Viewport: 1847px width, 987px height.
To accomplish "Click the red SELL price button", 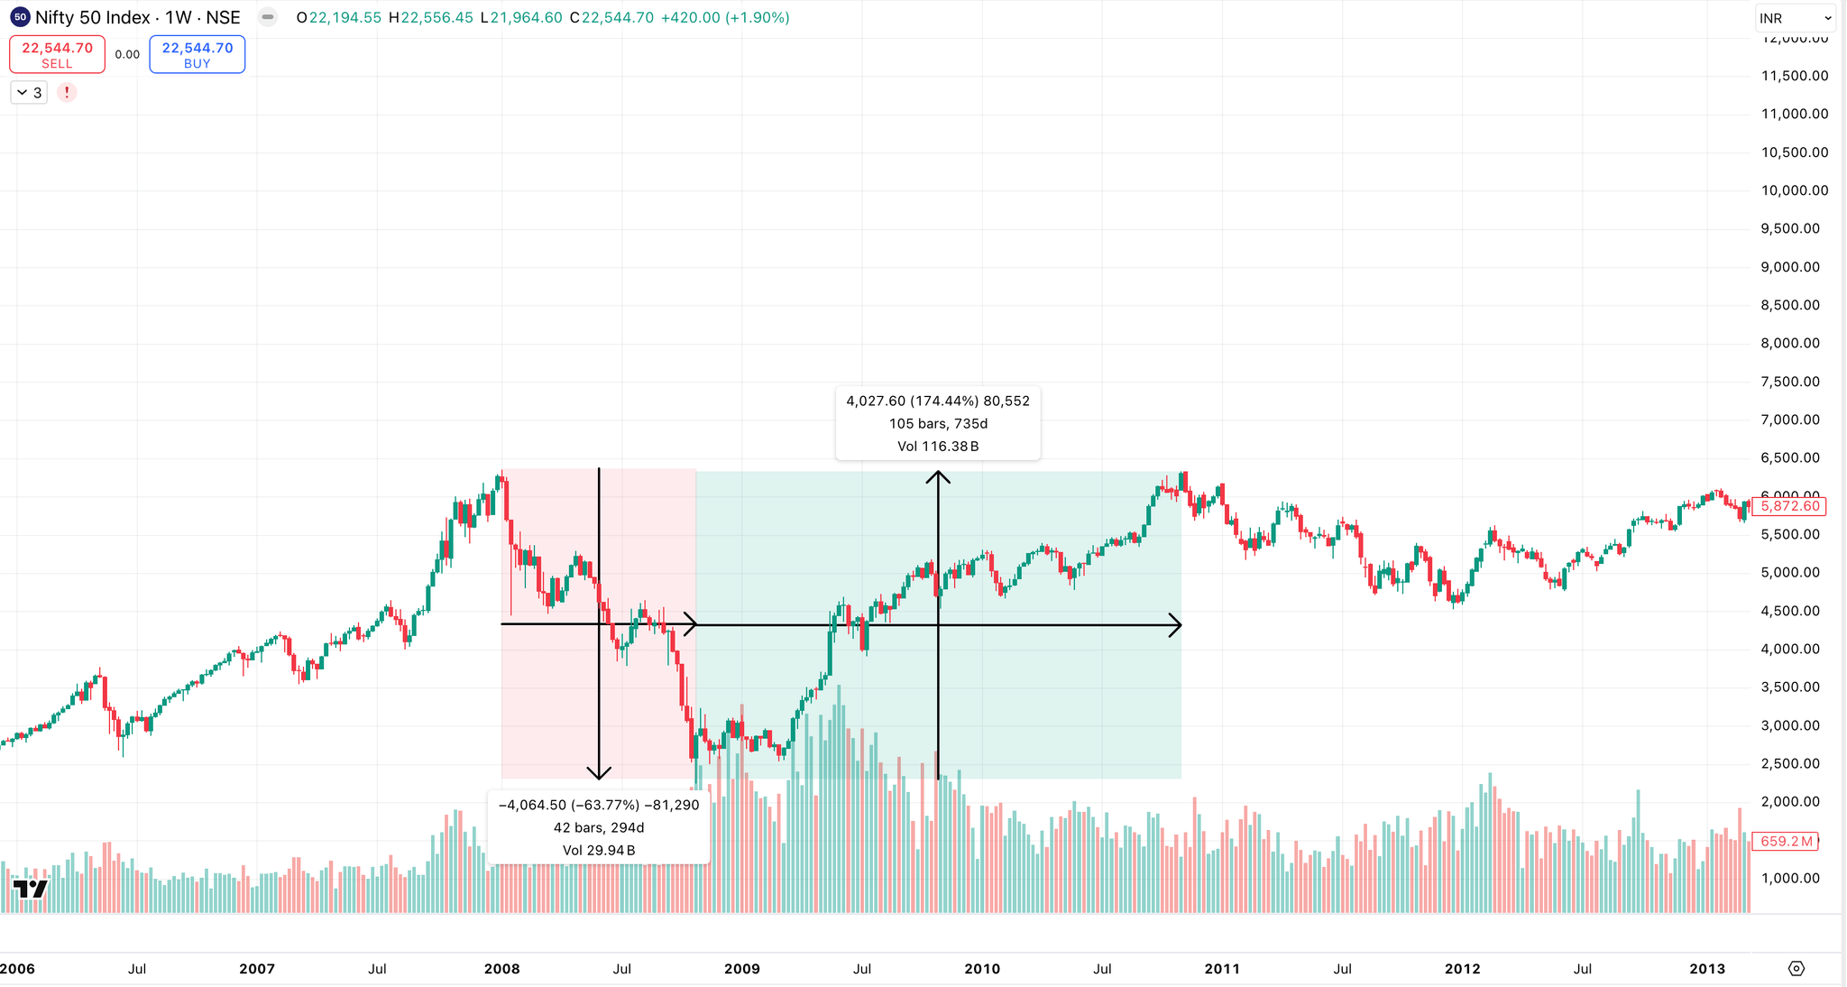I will click(x=57, y=54).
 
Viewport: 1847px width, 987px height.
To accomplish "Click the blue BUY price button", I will click(x=197, y=54).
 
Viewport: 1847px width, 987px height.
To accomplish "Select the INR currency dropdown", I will click(x=1795, y=18).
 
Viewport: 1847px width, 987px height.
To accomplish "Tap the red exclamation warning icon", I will click(x=67, y=92).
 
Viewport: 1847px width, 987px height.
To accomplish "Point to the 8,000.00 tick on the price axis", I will click(x=1790, y=343).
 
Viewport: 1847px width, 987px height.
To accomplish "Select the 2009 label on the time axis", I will click(x=741, y=969).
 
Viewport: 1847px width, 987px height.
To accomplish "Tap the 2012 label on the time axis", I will click(x=1462, y=969).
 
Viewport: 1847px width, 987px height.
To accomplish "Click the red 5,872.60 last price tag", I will click(x=1789, y=506).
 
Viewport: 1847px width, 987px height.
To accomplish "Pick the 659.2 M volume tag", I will click(x=1785, y=841).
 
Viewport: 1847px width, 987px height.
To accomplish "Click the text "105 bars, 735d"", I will click(x=938, y=423).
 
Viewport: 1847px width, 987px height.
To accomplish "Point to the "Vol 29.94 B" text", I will click(x=599, y=850).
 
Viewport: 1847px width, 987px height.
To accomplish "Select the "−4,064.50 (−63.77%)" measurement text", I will click(x=569, y=805).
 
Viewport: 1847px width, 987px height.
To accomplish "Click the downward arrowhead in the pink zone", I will click(x=599, y=773).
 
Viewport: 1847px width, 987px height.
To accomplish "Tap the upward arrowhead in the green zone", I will click(x=938, y=476).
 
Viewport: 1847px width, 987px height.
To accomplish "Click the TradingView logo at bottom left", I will click(x=30, y=889).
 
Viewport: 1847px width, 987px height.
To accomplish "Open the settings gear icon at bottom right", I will click(x=1796, y=968).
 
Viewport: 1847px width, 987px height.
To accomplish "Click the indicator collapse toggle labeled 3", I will click(x=29, y=92).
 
